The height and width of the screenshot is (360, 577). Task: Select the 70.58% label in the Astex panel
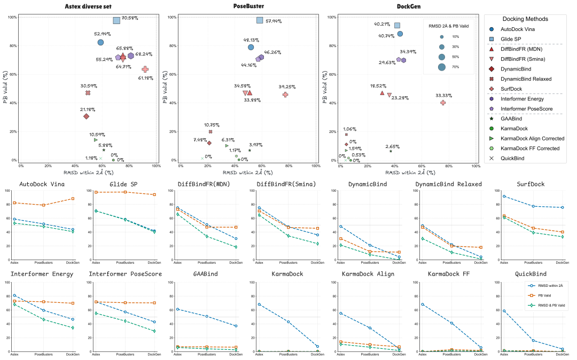(x=130, y=18)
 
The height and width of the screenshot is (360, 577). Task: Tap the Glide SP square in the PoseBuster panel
(x=260, y=20)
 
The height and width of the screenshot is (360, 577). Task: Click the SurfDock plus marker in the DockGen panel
(x=443, y=103)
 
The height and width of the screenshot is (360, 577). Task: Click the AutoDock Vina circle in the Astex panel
(x=100, y=42)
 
